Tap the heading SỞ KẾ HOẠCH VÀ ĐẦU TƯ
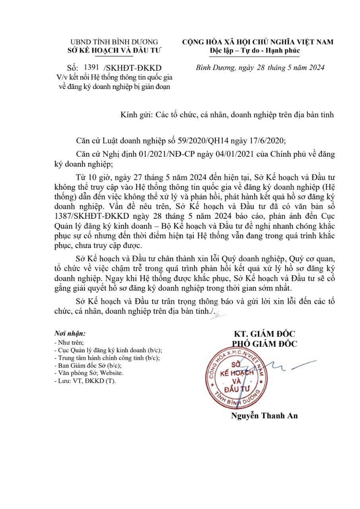(114, 50)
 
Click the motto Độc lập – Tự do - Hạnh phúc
(255, 51)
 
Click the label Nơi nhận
(69, 332)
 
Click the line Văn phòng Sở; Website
(88, 373)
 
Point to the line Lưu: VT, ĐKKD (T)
(85, 381)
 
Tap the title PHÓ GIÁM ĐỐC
(265, 344)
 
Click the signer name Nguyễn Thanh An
(264, 416)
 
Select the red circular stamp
(234, 378)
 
